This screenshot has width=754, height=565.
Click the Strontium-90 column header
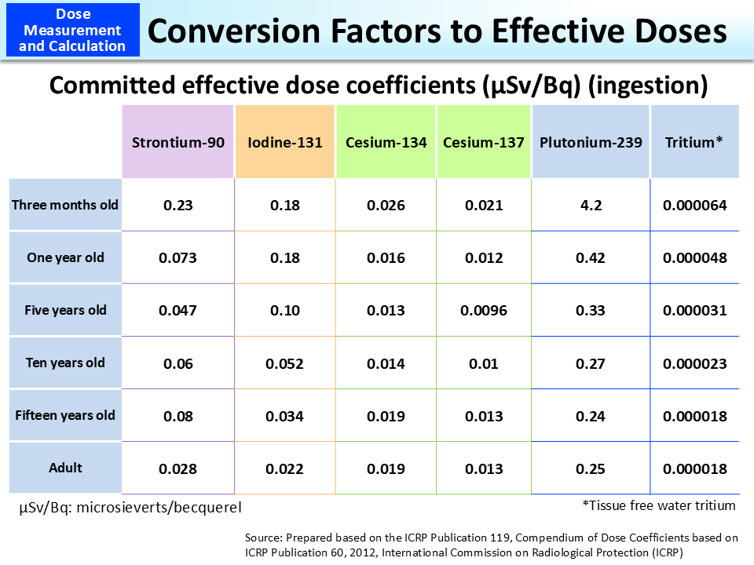pos(178,142)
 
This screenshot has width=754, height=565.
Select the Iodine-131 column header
pos(284,142)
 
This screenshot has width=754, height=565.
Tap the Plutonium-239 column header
pos(591,142)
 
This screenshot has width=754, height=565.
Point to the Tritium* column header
pos(694,142)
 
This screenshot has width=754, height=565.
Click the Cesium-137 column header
pos(484,142)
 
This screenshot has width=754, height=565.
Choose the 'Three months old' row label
pos(65,205)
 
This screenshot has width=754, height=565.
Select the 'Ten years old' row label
pos(65,363)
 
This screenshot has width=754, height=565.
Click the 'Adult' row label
pos(65,468)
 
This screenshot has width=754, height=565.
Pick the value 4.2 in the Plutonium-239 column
pos(591,206)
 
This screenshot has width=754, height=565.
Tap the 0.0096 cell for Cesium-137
pos(484,311)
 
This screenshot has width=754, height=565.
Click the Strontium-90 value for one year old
pos(178,258)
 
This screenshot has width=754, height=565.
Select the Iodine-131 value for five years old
pos(284,311)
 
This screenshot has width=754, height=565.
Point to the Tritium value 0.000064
pos(694,206)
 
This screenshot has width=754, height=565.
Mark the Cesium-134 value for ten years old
pos(386,363)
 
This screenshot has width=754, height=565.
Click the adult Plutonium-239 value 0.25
pos(591,469)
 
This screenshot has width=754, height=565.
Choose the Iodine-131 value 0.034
pos(284,416)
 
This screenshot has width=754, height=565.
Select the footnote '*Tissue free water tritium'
pos(659,505)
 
